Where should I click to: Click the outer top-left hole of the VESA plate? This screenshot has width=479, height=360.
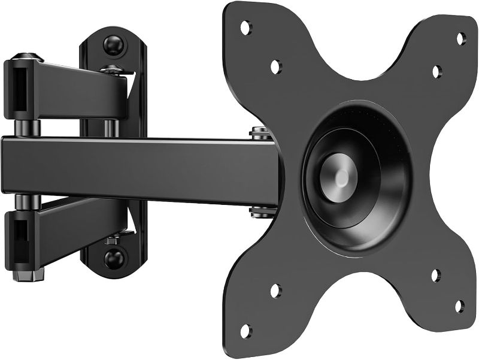point(245,27)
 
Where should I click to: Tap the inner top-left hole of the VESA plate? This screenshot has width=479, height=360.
point(276,66)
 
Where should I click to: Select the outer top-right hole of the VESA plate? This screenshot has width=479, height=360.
point(461,39)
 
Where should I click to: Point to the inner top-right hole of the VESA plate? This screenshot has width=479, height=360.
point(437,71)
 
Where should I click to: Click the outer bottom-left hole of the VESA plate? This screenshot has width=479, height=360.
point(245,330)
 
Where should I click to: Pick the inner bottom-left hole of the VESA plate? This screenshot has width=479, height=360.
point(275,291)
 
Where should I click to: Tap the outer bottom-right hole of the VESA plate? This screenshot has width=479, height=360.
point(460,306)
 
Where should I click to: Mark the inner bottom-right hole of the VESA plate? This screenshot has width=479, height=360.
point(436,275)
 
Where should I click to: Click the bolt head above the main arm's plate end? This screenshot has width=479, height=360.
point(259,132)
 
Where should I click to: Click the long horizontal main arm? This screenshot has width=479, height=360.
point(138,168)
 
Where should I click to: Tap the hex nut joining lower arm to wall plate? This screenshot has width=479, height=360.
point(112,240)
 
